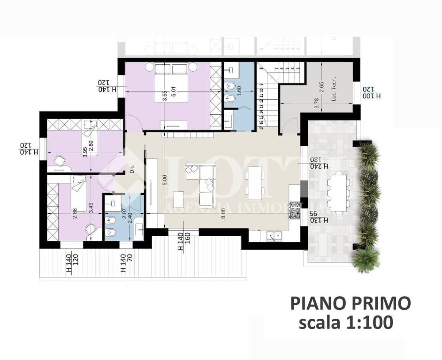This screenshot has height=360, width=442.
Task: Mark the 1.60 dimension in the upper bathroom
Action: coord(239,91)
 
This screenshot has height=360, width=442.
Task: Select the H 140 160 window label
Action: coord(184,242)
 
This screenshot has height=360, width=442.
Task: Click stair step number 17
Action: coord(261,126)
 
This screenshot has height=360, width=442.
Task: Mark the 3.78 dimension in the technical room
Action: coord(317,106)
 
